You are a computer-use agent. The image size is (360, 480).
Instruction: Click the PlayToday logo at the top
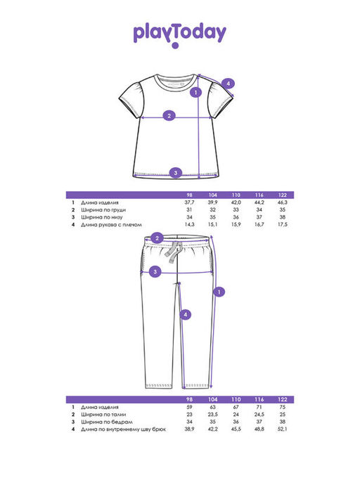click(x=180, y=34)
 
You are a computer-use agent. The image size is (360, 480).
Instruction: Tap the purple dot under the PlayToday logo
click(x=175, y=46)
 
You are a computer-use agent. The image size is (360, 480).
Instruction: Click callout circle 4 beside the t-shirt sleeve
click(x=228, y=84)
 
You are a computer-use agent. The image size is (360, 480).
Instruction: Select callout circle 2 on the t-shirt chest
click(x=169, y=115)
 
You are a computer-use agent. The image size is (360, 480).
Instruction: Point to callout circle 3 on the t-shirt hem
click(x=176, y=173)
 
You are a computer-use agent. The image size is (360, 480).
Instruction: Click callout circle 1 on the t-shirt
click(x=196, y=92)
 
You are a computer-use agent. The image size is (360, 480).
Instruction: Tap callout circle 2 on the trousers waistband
click(x=157, y=238)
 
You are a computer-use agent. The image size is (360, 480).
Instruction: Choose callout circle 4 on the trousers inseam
click(x=186, y=314)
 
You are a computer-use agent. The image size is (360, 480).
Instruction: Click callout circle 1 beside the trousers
click(x=219, y=292)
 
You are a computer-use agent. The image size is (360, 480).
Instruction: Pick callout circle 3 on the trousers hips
click(x=155, y=271)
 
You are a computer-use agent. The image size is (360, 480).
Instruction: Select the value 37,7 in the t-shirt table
click(x=189, y=202)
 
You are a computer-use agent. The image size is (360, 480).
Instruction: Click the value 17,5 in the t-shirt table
click(x=283, y=224)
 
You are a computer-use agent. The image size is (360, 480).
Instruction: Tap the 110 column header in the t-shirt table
click(x=236, y=195)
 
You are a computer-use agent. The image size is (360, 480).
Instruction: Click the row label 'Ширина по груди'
click(x=103, y=210)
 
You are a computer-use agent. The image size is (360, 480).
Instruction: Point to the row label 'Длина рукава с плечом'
click(x=111, y=225)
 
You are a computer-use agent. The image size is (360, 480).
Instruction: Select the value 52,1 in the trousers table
click(x=283, y=429)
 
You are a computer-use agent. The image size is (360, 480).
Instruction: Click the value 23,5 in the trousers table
click(x=212, y=415)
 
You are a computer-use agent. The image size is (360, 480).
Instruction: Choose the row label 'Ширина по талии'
click(x=103, y=415)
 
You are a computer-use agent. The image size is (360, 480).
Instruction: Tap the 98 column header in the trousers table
click(x=189, y=399)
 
